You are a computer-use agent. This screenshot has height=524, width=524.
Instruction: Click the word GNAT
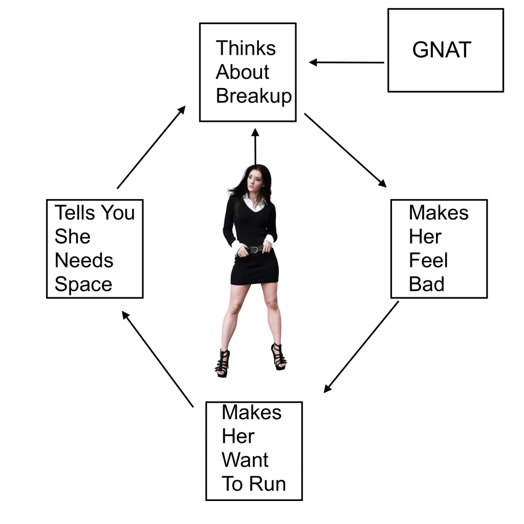point(442,50)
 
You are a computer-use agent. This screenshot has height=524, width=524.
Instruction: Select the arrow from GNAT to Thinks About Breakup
point(346,62)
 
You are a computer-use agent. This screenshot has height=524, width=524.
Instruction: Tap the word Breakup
point(254,96)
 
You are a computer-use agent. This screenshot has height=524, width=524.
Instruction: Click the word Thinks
point(246,48)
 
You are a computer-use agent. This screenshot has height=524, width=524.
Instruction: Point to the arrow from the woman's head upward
point(255,147)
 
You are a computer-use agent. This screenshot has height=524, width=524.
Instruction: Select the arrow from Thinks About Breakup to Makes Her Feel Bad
point(345,150)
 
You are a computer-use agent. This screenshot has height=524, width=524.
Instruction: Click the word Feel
point(428,260)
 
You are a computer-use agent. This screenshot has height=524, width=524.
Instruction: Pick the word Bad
point(426,284)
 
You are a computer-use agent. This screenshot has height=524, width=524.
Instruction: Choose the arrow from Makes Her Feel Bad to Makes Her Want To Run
point(361,347)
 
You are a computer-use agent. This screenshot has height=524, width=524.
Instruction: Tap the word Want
point(245,460)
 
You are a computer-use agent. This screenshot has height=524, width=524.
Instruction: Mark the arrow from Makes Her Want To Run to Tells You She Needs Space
point(158,359)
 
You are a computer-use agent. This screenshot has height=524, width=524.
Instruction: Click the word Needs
point(84,260)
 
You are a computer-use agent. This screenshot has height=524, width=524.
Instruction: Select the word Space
point(83,285)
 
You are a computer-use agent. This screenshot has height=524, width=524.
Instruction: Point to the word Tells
point(76,212)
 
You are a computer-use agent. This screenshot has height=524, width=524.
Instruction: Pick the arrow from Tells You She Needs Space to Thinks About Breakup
point(151,147)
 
